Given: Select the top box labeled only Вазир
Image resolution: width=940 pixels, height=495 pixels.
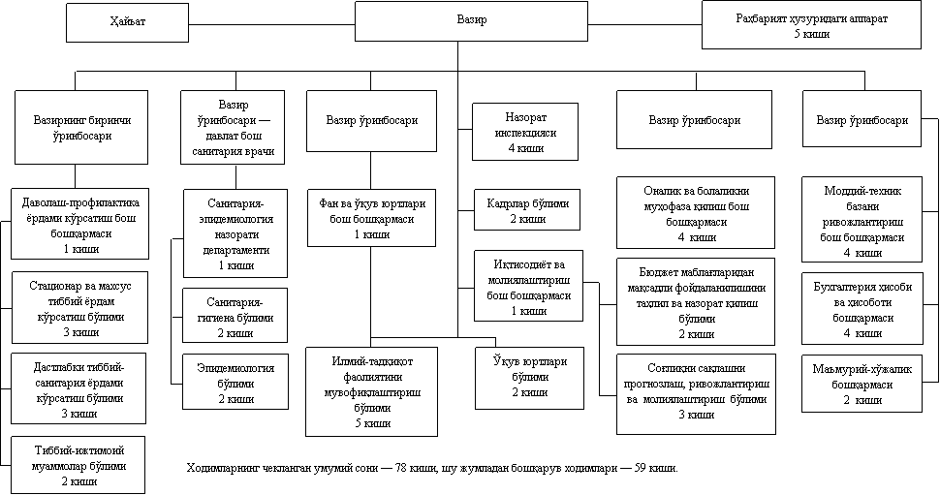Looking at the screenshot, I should [471, 20].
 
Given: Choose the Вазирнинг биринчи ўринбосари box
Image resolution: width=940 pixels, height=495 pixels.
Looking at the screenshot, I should [80, 128].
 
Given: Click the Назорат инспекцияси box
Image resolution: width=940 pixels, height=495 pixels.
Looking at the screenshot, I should [526, 131].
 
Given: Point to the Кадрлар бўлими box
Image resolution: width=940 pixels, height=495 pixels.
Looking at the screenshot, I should [527, 212].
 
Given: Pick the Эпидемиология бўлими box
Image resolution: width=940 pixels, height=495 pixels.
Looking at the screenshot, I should [235, 383].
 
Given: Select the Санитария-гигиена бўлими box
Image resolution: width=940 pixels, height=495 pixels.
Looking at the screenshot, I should [235, 316].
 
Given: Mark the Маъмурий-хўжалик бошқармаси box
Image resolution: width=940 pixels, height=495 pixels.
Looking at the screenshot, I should [862, 384].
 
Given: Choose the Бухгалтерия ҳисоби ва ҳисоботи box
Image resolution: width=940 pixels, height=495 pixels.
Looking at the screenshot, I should [862, 309].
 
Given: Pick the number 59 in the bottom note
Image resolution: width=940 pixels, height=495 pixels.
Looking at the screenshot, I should [642, 471].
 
